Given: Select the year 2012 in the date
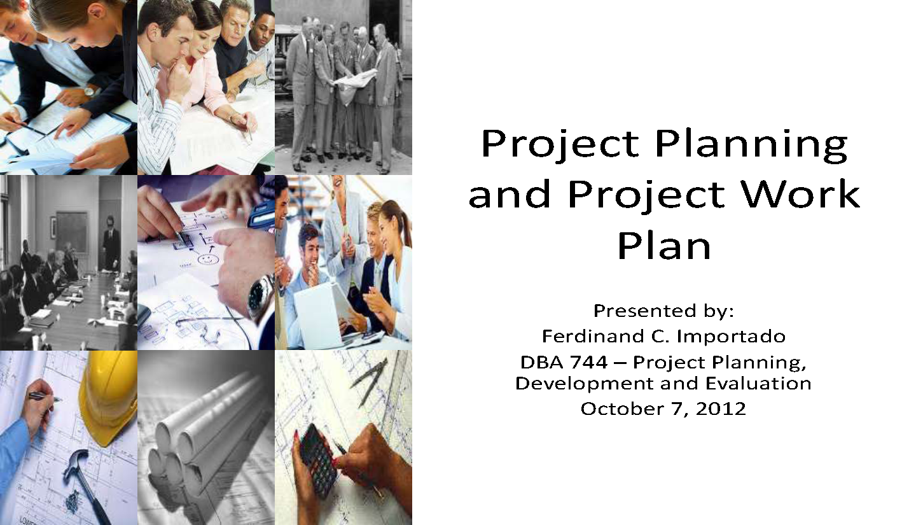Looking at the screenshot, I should point(721,408).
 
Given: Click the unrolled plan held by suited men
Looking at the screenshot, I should point(356,80).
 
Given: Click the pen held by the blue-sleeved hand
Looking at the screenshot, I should point(45,396).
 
